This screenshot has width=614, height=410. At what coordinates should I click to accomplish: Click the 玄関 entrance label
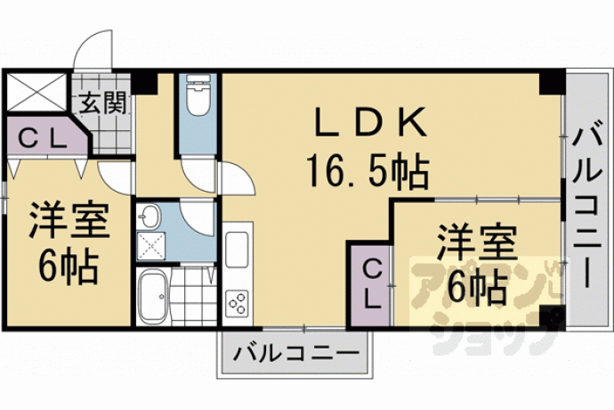[x=103, y=103]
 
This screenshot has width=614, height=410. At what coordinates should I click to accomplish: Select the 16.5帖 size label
[x=368, y=170]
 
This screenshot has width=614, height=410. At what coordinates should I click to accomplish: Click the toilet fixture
[x=198, y=95]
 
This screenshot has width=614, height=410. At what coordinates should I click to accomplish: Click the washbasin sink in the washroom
[x=149, y=217]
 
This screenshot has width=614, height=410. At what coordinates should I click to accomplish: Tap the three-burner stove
[x=237, y=303]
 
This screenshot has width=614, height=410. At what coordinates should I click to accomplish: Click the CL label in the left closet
[x=44, y=138]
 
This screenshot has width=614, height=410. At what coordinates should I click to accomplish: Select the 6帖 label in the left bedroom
[x=69, y=266]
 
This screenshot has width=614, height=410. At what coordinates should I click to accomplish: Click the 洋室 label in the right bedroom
[x=477, y=242]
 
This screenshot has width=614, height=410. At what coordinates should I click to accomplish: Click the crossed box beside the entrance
[x=36, y=92]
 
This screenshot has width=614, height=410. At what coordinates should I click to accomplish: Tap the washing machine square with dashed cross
[x=150, y=246]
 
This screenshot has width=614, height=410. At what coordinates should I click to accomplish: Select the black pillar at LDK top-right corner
[x=551, y=82]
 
